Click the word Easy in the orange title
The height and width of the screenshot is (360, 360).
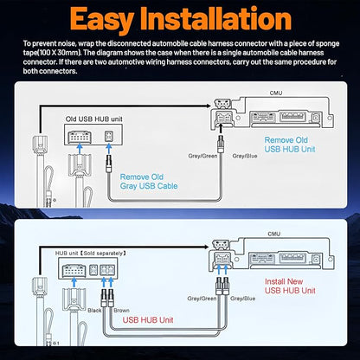[x=101, y=20]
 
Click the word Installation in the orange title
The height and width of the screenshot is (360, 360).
[x=216, y=19]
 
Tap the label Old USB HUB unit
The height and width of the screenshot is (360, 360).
[x=93, y=119]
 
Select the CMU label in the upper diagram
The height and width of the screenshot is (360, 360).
[x=276, y=93]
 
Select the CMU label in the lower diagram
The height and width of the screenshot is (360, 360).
[x=273, y=234]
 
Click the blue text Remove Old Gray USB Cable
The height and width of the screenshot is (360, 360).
[x=149, y=182]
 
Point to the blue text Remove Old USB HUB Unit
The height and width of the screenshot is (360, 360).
[x=290, y=145]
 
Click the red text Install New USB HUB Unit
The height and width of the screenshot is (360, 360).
[x=290, y=286]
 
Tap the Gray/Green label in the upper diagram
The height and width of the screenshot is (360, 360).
[x=202, y=156]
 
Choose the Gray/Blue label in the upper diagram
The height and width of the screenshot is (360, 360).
[x=245, y=156]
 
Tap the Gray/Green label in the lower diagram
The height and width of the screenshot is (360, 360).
[x=202, y=299]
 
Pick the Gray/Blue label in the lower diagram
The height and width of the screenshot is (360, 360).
[x=242, y=299]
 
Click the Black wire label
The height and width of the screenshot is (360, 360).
[x=94, y=311]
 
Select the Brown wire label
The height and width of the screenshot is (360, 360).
[x=121, y=311]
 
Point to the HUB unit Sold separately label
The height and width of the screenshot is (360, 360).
[x=91, y=254]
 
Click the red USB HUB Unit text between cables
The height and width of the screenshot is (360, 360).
[x=148, y=320]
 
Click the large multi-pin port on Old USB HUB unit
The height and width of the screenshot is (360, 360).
[x=79, y=137]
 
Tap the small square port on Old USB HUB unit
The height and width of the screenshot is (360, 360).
[x=108, y=136]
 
